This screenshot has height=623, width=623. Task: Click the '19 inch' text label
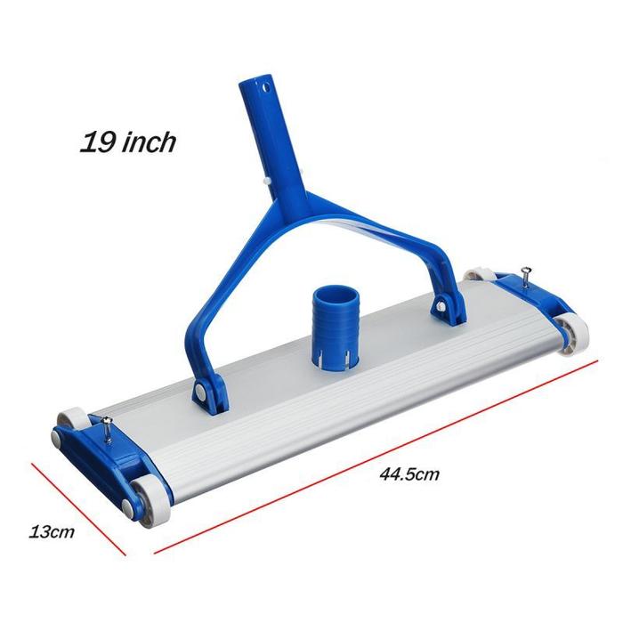[128, 142]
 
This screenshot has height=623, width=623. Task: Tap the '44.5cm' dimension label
[409, 474]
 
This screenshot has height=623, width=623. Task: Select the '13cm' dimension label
[52, 531]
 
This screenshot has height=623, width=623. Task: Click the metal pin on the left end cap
[107, 427]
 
